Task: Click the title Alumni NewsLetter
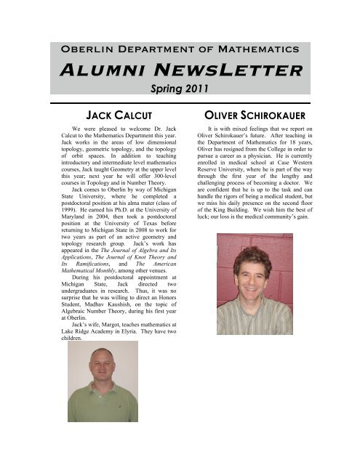(x=180, y=71)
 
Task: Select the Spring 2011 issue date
(x=180, y=92)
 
